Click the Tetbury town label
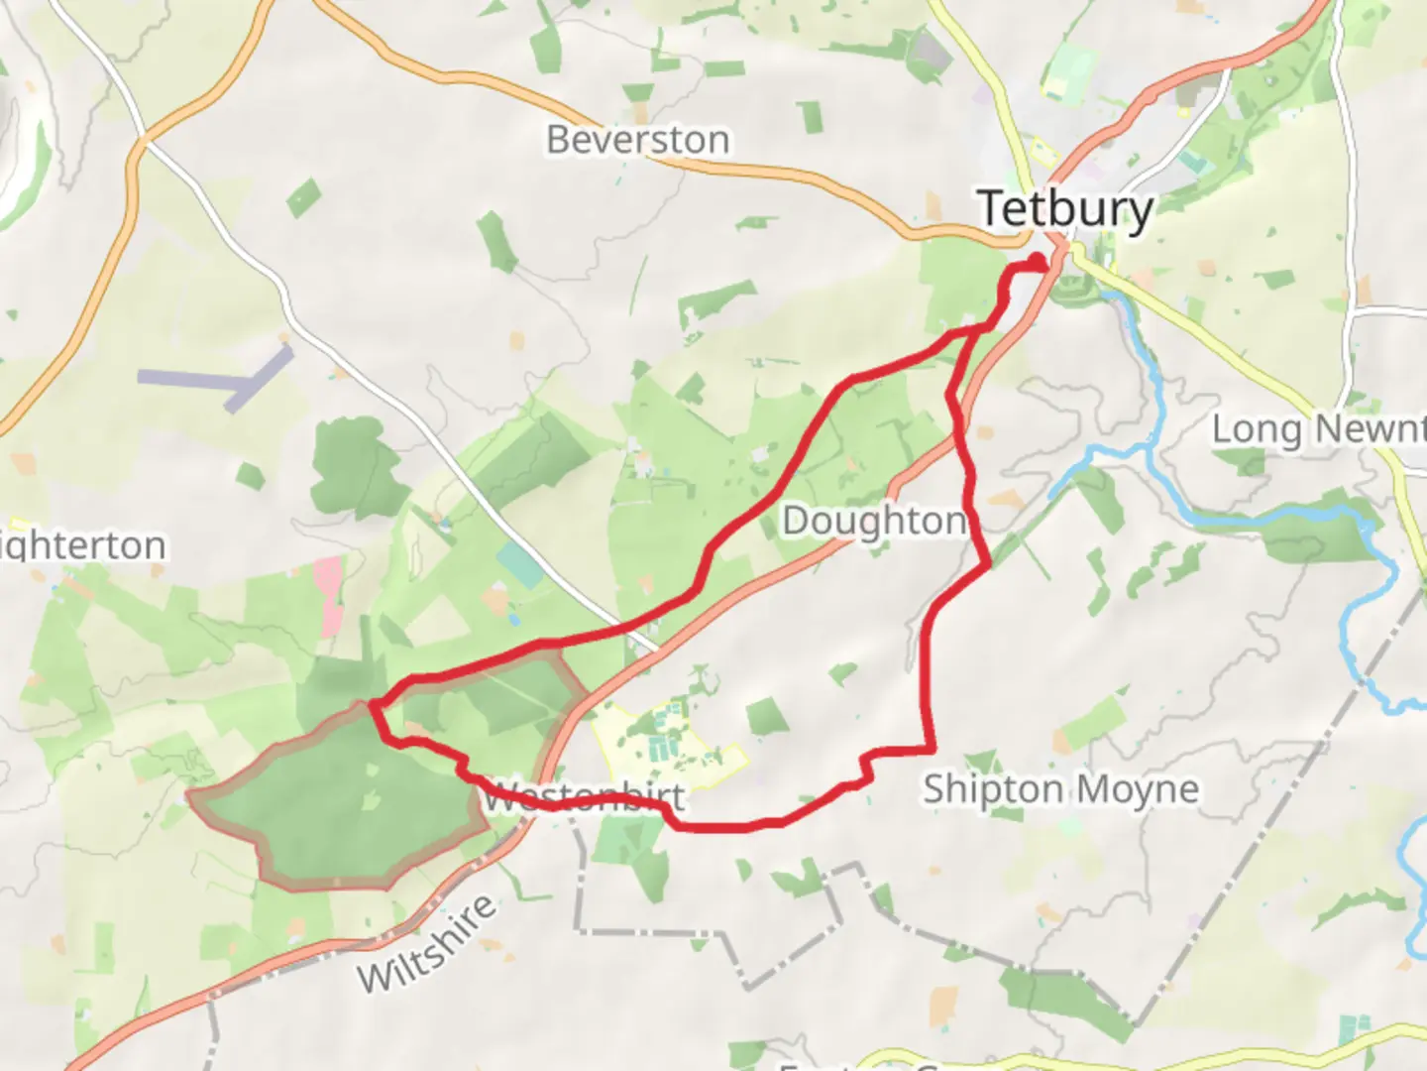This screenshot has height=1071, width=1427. coord(1065,209)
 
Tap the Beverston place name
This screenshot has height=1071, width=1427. coord(637,140)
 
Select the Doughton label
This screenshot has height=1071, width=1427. coord(874,521)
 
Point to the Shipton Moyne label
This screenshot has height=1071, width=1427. coord(1060,789)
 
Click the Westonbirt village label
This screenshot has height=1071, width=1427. coord(585,796)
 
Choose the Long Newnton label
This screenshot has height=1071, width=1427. coord(1319,429)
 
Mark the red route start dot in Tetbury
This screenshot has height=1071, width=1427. coord(1038,262)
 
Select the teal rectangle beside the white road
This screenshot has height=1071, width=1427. coord(519,564)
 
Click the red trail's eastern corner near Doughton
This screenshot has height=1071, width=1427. coord(988,565)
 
